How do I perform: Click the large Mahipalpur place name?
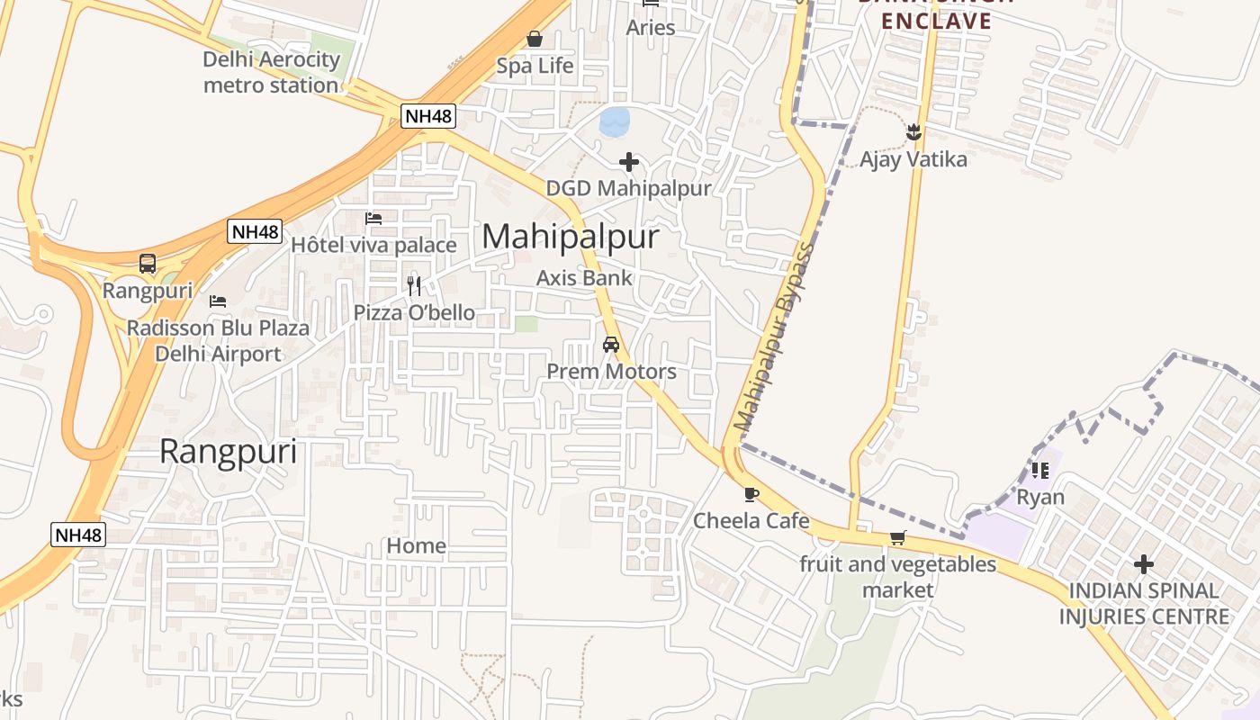[x=571, y=237]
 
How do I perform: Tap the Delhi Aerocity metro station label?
[x=271, y=73]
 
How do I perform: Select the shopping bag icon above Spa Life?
[x=535, y=39]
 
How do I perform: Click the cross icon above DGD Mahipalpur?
[x=629, y=162]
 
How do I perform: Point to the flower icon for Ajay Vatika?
[x=913, y=133]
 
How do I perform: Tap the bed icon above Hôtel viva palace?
[x=373, y=218]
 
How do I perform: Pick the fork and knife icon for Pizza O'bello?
[x=414, y=286]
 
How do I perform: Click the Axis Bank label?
[x=584, y=278]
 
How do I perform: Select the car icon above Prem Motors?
[x=611, y=345]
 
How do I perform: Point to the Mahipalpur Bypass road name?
[x=773, y=337]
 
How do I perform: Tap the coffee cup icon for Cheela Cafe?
[x=751, y=494]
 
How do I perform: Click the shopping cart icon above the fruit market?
[x=897, y=538]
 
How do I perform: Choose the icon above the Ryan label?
[x=1040, y=470]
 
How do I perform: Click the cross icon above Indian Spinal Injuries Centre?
[x=1144, y=564]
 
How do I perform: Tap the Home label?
[x=416, y=545]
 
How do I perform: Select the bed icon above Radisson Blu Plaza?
[x=218, y=301]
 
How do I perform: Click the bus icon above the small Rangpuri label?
[x=148, y=264]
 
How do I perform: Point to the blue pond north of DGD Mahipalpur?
[x=616, y=121]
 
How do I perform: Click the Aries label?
[x=651, y=28]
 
